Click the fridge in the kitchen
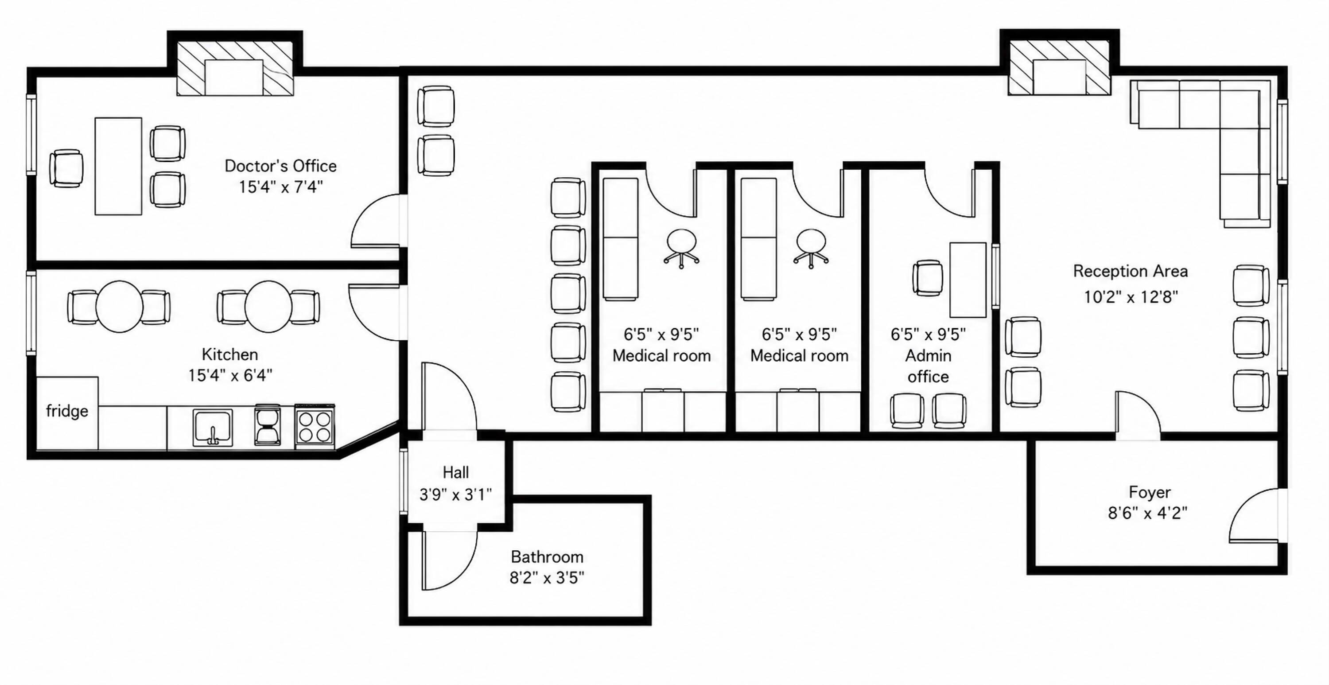(x=67, y=413)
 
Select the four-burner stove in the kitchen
(x=315, y=426)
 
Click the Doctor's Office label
(x=281, y=166)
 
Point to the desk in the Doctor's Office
(x=118, y=166)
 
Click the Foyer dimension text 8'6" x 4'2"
(x=1148, y=513)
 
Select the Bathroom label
(x=547, y=557)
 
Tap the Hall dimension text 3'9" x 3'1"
(x=455, y=494)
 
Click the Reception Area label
(x=1131, y=271)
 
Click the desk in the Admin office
(x=968, y=280)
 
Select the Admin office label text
(x=928, y=366)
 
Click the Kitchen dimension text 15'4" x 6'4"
(x=230, y=375)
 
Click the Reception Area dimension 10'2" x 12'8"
(x=1131, y=297)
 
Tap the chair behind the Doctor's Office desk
(x=66, y=168)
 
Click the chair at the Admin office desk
(x=928, y=278)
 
